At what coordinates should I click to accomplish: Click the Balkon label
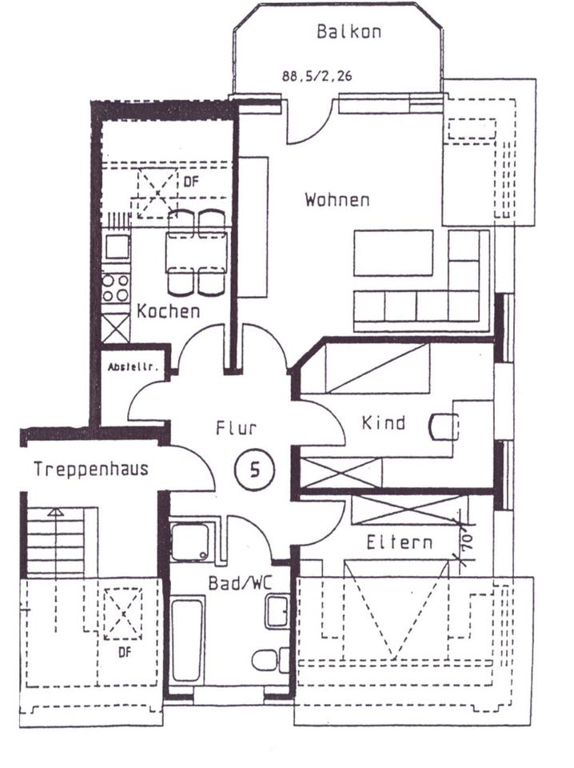[x=349, y=32]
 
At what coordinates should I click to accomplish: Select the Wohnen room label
[x=337, y=199]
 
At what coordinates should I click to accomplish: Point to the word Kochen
[x=168, y=311]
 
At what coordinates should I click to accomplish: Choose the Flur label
[x=236, y=428]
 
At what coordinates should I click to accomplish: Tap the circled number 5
[x=255, y=470]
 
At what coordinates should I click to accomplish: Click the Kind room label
[x=384, y=422]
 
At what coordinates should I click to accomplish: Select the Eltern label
[x=400, y=542]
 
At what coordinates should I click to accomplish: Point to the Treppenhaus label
[x=90, y=469]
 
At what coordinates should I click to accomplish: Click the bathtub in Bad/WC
[x=188, y=638]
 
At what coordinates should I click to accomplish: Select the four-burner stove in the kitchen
[x=117, y=287]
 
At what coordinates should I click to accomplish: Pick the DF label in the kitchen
[x=190, y=182]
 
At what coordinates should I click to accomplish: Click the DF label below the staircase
[x=124, y=652]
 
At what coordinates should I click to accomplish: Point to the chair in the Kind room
[x=440, y=426]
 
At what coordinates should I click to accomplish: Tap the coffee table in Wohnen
[x=393, y=253]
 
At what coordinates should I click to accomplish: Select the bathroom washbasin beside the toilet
[x=277, y=612]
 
